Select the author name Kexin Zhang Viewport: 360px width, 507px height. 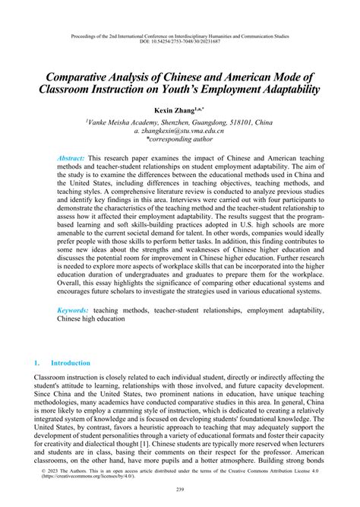(173, 109)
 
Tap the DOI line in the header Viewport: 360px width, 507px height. (179, 43)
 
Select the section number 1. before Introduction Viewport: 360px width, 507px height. (39, 364)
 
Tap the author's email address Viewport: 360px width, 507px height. (180, 131)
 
